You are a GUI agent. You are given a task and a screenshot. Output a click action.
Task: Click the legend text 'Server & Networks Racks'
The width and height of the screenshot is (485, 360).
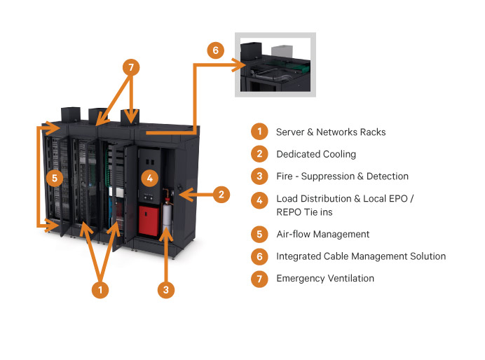331,132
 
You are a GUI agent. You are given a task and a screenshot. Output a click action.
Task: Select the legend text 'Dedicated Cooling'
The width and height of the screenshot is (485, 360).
316,154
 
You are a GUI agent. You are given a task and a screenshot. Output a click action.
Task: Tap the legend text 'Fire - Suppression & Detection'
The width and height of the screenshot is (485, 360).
342,176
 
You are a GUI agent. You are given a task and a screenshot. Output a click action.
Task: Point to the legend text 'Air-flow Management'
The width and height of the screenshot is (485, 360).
322,234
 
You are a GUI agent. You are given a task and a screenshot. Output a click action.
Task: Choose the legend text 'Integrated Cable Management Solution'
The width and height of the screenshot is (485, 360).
361,256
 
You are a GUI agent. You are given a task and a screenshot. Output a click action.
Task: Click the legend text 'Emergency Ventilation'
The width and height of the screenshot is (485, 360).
325,278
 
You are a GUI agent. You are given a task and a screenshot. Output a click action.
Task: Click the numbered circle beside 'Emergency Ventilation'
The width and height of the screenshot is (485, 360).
259,279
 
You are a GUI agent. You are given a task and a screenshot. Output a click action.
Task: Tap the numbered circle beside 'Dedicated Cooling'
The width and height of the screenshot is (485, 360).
259,154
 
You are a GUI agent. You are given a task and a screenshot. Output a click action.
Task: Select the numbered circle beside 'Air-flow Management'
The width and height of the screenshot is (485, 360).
259,234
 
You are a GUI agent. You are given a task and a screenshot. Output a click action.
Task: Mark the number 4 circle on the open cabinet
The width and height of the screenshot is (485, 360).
149,178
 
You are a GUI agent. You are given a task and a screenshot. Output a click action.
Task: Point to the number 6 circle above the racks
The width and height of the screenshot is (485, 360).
216,50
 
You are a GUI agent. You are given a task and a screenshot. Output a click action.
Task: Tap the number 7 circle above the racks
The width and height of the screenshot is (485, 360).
130,68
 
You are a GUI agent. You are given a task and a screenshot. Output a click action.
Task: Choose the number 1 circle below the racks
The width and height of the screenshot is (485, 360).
102,288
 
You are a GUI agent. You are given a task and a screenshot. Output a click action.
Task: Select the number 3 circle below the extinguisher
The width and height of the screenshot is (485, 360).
165,288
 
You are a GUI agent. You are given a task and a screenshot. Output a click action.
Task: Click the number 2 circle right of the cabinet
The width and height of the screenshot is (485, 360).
221,194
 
